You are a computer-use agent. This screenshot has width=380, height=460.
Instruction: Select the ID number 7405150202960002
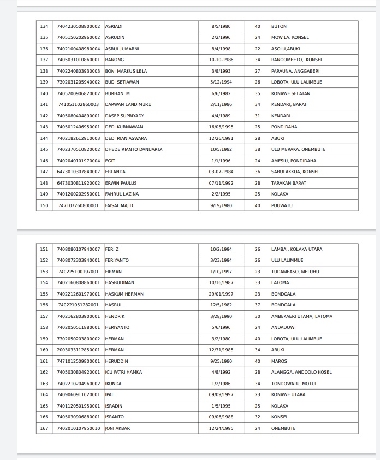pyautogui.click(x=79, y=37)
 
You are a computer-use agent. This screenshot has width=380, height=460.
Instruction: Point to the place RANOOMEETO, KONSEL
pyautogui.click(x=296, y=60)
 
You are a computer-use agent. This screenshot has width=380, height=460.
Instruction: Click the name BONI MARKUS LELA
pyautogui.click(x=126, y=71)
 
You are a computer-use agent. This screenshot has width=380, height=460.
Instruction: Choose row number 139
pyautogui.click(x=44, y=82)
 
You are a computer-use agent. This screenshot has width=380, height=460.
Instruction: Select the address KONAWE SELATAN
pyautogui.click(x=291, y=93)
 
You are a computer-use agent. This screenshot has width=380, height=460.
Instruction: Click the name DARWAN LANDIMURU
pyautogui.click(x=128, y=104)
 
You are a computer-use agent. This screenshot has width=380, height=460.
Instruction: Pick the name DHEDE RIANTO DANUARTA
pyautogui.click(x=133, y=149)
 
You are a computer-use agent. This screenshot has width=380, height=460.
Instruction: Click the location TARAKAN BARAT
pyautogui.click(x=289, y=183)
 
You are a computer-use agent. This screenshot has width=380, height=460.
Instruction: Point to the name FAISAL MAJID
pyautogui.click(x=118, y=205)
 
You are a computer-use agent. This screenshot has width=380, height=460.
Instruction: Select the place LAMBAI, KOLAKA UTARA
pyautogui.click(x=296, y=249)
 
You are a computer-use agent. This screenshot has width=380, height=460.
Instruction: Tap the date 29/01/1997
pyautogui.click(x=221, y=294)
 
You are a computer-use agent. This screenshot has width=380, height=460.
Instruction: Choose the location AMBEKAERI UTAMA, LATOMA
pyautogui.click(x=301, y=316)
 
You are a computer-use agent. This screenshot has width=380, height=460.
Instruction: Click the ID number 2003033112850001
pyautogui.click(x=79, y=350)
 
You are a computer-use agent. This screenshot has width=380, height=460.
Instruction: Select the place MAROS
pyautogui.click(x=279, y=361)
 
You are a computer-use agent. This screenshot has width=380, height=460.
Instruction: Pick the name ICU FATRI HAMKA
pyautogui.click(x=123, y=372)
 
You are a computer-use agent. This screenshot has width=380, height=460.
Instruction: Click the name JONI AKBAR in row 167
pyautogui.click(x=117, y=428)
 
